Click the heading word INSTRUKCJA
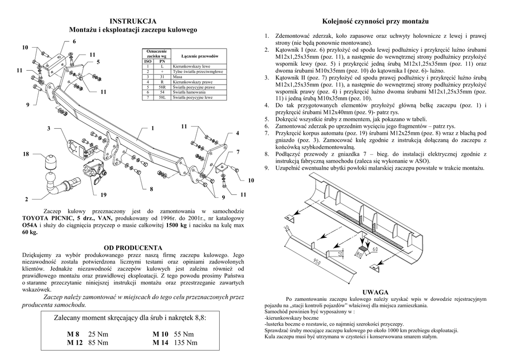pos(133,21)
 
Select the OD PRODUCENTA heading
pos(133,248)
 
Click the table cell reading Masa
pos(177,77)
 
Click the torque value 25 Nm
pos(98,334)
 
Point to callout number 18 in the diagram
pos(26,155)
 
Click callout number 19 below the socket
pos(103,193)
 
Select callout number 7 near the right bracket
pos(238,151)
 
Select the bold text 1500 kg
pos(176,225)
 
